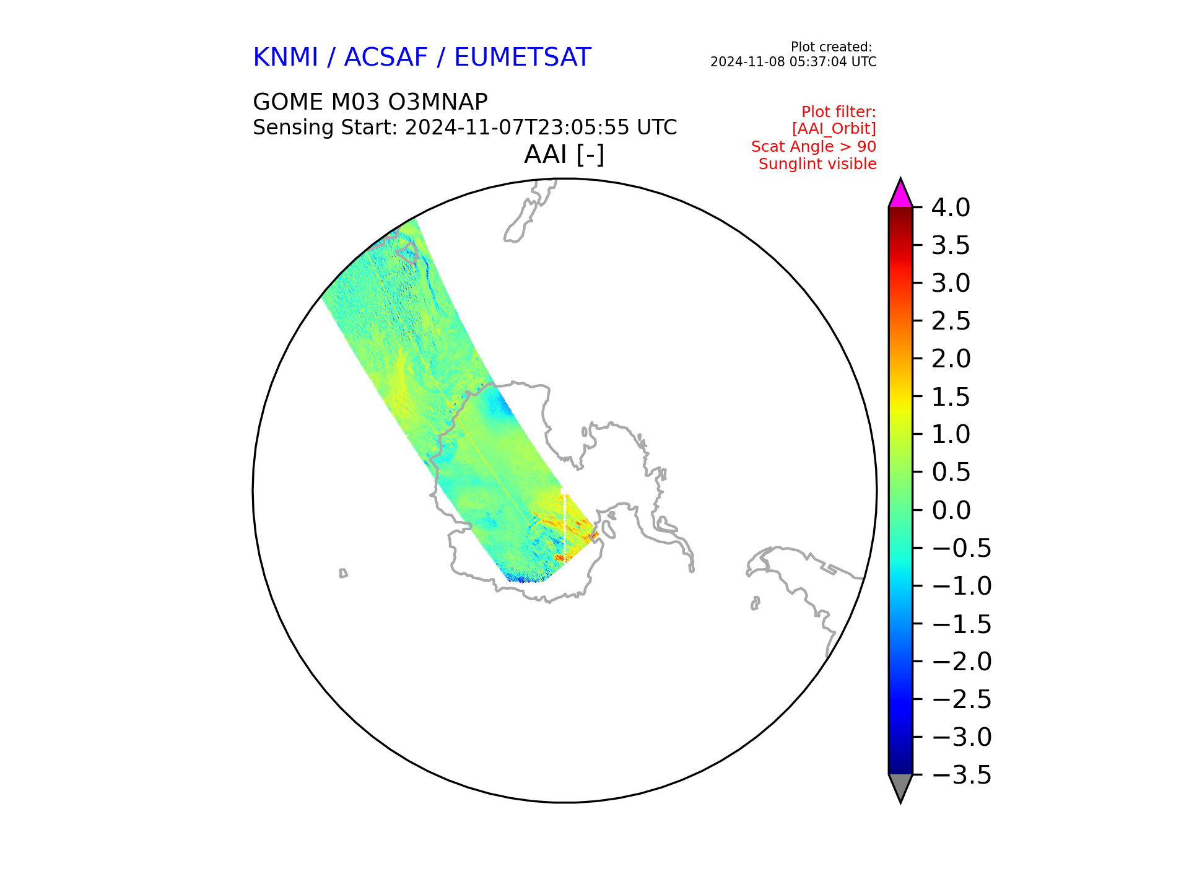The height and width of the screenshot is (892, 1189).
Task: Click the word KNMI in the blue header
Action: pyautogui.click(x=285, y=58)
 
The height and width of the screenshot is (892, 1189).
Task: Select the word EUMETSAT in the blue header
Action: pyautogui.click(x=523, y=58)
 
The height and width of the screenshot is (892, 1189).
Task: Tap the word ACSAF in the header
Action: pyautogui.click(x=386, y=58)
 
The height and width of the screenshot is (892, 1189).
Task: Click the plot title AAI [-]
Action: pyautogui.click(x=564, y=154)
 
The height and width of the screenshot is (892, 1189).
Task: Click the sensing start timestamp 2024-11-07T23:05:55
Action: pyautogui.click(x=518, y=128)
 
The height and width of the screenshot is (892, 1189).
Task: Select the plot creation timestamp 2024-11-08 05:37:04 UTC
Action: pyautogui.click(x=793, y=62)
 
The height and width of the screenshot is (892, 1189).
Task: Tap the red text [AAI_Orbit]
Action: pyautogui.click(x=834, y=129)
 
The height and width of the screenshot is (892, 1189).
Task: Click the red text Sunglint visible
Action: pyautogui.click(x=817, y=164)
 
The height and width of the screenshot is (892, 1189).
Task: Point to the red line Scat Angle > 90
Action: pyautogui.click(x=814, y=147)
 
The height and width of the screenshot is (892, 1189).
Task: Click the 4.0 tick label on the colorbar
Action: pyautogui.click(x=951, y=208)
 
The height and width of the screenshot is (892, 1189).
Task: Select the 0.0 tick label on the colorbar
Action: pyautogui.click(x=951, y=510)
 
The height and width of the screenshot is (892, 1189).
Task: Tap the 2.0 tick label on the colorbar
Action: pyautogui.click(x=951, y=359)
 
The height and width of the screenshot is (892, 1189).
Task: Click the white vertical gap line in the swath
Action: pyautogui.click(x=565, y=527)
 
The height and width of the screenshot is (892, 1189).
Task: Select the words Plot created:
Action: pyautogui.click(x=832, y=47)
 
